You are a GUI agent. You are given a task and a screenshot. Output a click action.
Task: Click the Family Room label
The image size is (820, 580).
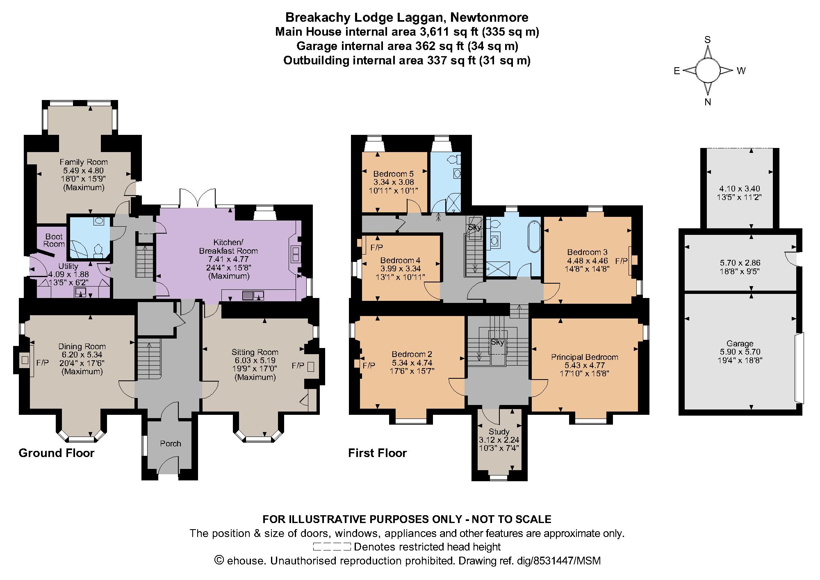(x=84, y=162)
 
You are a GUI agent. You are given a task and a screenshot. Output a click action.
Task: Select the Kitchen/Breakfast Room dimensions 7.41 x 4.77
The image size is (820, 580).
(x=229, y=259)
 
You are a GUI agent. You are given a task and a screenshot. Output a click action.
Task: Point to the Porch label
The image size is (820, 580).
(x=171, y=444)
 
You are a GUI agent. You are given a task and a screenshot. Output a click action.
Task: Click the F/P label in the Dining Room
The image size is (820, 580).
(x=43, y=363)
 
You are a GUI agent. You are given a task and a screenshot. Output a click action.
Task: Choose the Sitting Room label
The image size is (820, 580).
(x=255, y=352)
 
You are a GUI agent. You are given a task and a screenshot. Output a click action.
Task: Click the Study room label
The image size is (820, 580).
(x=499, y=432)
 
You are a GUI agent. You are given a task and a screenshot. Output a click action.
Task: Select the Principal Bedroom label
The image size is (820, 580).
(x=584, y=357)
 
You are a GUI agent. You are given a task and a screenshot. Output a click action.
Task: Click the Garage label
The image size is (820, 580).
(x=740, y=344)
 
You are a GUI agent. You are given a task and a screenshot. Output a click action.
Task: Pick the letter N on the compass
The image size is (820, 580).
(x=707, y=102)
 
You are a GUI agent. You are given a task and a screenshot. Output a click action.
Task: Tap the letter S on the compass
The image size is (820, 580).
(x=707, y=40)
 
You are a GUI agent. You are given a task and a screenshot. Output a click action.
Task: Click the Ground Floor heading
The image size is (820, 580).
(x=57, y=453)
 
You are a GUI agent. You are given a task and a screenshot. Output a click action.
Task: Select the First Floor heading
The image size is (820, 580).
(x=377, y=453)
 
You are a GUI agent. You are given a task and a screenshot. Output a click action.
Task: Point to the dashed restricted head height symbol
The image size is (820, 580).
(x=332, y=547)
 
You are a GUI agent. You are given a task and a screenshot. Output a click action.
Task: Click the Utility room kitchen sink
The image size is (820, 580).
(x=80, y=292)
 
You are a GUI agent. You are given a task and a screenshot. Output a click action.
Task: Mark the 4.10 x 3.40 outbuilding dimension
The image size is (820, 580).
(x=740, y=189)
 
